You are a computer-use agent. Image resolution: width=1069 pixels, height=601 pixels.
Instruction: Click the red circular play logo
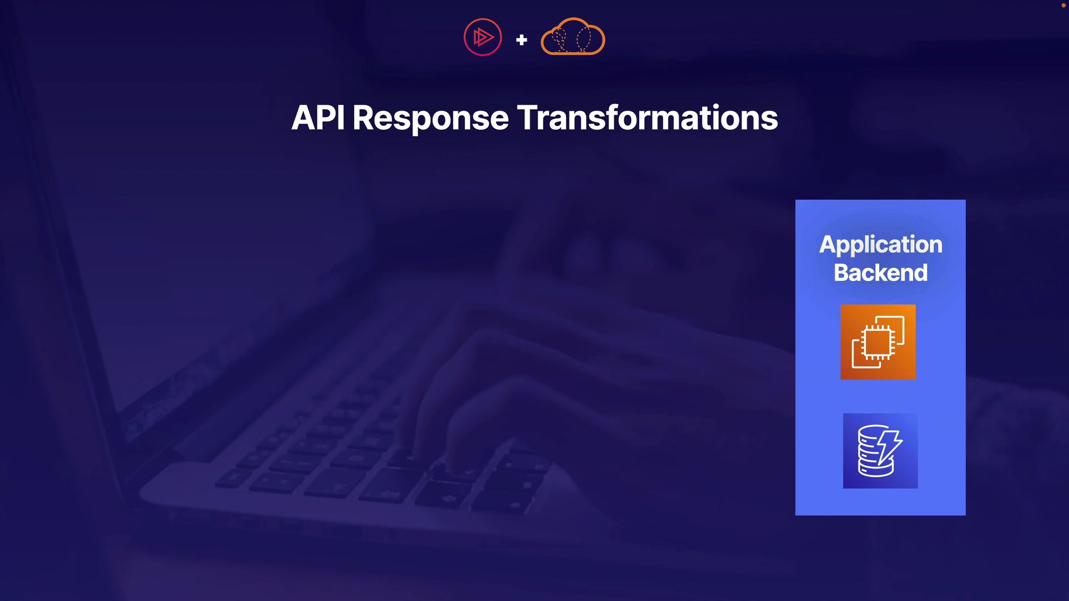point(483,37)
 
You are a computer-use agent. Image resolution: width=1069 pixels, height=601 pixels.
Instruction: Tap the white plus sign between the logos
point(522,40)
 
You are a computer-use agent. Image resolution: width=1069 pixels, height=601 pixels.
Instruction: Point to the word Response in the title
point(430,119)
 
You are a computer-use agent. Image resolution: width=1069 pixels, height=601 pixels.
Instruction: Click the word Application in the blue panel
point(881,245)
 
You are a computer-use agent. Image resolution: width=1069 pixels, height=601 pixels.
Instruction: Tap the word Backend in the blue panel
point(881,273)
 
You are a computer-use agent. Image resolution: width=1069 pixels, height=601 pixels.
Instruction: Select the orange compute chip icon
point(878,342)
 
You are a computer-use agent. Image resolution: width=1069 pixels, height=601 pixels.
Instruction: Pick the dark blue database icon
point(880,451)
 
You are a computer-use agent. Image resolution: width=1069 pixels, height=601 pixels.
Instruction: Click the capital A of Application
point(829,244)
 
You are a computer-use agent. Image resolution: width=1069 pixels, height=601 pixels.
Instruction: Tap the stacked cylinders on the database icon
point(871,452)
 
